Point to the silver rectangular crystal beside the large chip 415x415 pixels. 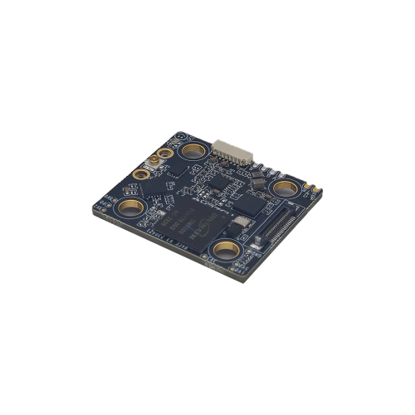pos(242,222)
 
